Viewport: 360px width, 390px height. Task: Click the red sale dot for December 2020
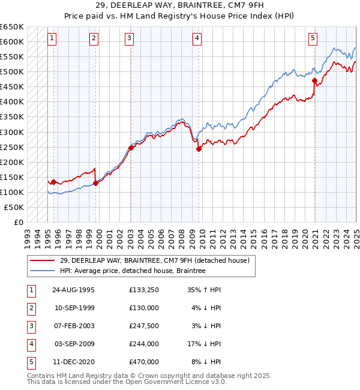tap(314, 80)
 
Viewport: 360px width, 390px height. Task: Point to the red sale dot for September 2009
tap(199, 149)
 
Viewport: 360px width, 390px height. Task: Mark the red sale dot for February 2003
tap(131, 148)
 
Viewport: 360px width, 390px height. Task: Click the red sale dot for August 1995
tap(54, 182)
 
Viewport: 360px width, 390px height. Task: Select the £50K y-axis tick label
tap(14, 207)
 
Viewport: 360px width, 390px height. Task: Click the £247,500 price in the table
tap(143, 326)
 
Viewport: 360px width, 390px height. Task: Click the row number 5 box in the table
tap(30, 362)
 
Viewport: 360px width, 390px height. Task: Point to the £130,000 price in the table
tap(143, 308)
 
